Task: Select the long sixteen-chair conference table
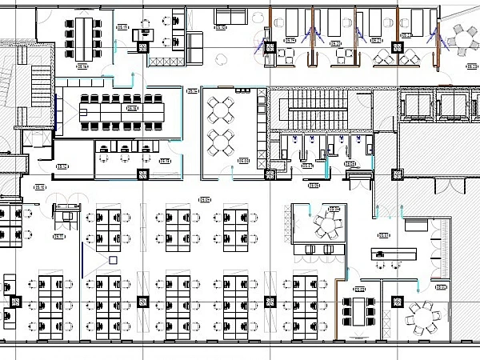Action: [x=122, y=108]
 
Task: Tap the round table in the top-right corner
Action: [x=463, y=37]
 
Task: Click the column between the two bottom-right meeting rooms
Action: [x=395, y=300]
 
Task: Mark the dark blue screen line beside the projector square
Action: [x=81, y=261]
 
